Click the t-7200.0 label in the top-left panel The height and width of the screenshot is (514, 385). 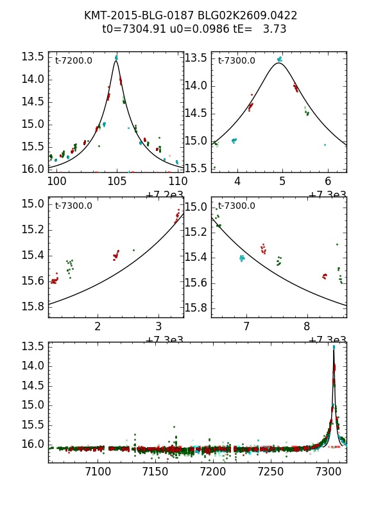pyautogui.click(x=73, y=60)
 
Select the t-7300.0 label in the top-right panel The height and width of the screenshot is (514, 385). pyautogui.click(x=236, y=60)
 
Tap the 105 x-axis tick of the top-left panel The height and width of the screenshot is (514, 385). pyautogui.click(x=117, y=181)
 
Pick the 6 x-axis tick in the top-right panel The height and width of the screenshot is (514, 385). pyautogui.click(x=328, y=181)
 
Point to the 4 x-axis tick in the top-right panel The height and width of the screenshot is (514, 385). pyautogui.click(x=237, y=181)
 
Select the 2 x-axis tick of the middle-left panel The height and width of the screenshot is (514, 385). pyautogui.click(x=98, y=326)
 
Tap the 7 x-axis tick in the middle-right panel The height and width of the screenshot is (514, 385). pyautogui.click(x=246, y=326)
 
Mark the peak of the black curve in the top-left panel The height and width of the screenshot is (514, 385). pyautogui.click(x=116, y=60)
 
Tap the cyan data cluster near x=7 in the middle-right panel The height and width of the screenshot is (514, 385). pyautogui.click(x=242, y=258)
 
